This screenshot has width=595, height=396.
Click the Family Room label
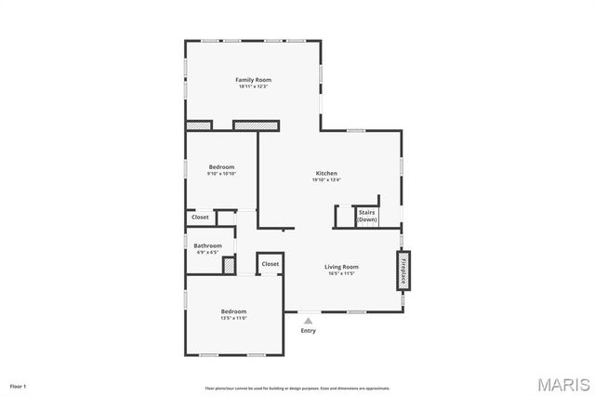tap(253, 80)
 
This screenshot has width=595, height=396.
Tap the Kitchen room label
tap(326, 174)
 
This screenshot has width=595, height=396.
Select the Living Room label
tap(342, 267)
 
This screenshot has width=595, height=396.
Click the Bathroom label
tap(207, 245)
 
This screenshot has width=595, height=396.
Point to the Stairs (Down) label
tap(367, 216)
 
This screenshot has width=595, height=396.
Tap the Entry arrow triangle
tap(309, 321)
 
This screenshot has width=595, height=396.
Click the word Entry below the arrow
tap(309, 331)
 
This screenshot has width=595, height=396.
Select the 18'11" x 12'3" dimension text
tap(253, 86)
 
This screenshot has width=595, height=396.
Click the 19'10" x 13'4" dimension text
tap(326, 180)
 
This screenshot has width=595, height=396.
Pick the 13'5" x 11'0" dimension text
tap(233, 318)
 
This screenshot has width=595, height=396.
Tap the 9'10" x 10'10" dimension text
tap(221, 174)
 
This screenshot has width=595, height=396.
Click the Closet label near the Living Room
tap(270, 264)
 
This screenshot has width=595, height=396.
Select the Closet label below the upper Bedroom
tap(200, 218)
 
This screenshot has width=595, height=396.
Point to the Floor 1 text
tap(18, 385)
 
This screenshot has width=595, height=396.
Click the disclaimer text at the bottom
tap(297, 388)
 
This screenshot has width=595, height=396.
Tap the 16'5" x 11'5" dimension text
tap(342, 273)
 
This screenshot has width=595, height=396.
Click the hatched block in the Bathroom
tap(229, 264)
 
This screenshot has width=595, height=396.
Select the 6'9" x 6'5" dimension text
tap(207, 252)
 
